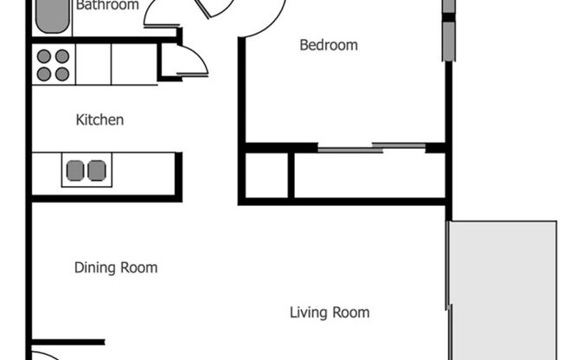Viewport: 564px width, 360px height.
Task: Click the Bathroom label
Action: click(106, 6)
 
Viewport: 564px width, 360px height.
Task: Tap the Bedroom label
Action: click(328, 45)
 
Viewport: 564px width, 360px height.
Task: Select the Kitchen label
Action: click(99, 120)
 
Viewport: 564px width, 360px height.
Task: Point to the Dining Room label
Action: click(116, 267)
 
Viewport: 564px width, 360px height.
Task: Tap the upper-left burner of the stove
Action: click(43, 56)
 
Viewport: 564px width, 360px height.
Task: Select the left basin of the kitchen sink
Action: click(75, 170)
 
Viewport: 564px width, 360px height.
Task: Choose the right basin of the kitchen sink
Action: click(96, 170)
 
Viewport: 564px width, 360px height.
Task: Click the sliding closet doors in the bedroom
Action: click(372, 147)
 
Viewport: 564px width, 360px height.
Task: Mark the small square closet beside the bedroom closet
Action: click(266, 176)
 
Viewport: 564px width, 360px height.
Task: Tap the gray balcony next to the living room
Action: click(504, 290)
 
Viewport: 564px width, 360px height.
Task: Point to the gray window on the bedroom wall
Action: click(448, 40)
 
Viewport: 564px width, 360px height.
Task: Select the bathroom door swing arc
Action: click(160, 13)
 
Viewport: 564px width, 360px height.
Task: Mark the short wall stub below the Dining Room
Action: click(69, 342)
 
